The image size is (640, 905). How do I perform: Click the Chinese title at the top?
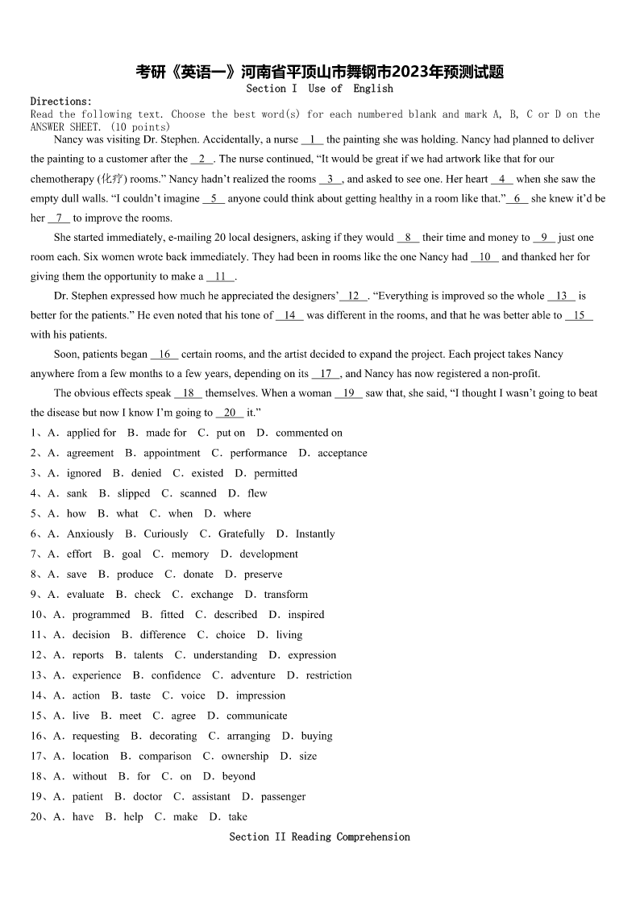319,72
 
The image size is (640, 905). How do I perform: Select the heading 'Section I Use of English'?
319,89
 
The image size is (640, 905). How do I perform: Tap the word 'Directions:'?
61,102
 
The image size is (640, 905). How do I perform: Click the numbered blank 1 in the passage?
312,139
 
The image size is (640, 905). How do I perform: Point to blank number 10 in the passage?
484,257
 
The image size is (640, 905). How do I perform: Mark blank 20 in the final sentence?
230,413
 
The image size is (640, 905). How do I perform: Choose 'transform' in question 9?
285,595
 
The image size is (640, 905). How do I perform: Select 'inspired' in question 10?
306,615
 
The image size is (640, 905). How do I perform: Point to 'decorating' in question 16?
173,736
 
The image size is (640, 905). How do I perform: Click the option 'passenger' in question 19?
283,796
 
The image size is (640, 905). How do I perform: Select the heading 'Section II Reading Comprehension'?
319,837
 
